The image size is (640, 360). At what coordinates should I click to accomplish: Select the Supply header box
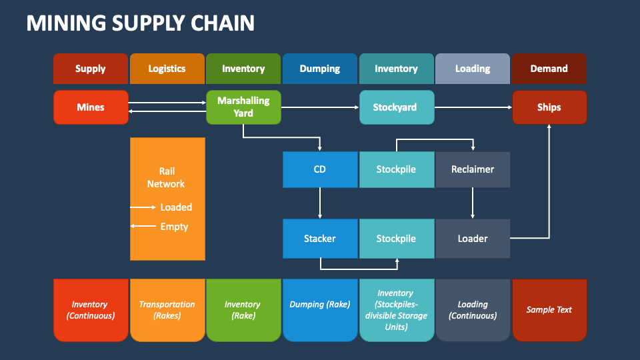pyautogui.click(x=91, y=69)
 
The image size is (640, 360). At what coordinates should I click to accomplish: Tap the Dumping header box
pyautogui.click(x=320, y=69)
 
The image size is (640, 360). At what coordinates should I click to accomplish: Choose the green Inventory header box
pyautogui.click(x=243, y=69)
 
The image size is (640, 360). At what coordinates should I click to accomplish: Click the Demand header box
pyautogui.click(x=549, y=69)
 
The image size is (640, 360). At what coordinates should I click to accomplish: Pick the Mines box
pyautogui.click(x=91, y=107)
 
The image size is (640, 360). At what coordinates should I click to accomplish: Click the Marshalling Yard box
pyautogui.click(x=243, y=107)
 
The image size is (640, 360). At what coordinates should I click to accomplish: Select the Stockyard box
pyautogui.click(x=396, y=107)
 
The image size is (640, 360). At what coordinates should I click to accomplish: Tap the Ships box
pyautogui.click(x=549, y=107)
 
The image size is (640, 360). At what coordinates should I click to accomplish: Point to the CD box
pyautogui.click(x=320, y=169)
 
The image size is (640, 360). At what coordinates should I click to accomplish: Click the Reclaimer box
pyautogui.click(x=473, y=169)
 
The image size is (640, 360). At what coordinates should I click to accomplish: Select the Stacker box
pyautogui.click(x=320, y=239)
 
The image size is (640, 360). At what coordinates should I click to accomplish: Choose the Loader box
pyautogui.click(x=473, y=239)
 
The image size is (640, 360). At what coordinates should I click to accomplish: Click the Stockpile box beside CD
pyautogui.click(x=396, y=169)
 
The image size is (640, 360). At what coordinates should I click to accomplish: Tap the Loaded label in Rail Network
pyautogui.click(x=176, y=207)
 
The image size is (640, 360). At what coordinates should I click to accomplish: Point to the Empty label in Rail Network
pyautogui.click(x=174, y=227)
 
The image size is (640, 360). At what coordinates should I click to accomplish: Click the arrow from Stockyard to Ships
pyautogui.click(x=473, y=107)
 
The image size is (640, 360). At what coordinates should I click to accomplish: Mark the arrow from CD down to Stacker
pyautogui.click(x=320, y=203)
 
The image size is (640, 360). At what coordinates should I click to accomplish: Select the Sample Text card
pyautogui.click(x=549, y=310)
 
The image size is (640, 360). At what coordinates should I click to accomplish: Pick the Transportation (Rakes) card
pyautogui.click(x=167, y=310)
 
